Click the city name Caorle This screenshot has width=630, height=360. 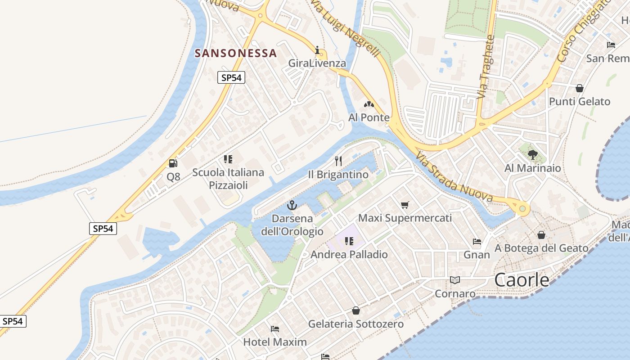(x=522, y=280)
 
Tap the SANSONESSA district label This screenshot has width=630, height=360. (x=235, y=53)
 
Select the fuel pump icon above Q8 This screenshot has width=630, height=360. (x=173, y=163)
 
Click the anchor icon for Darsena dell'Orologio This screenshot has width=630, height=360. (x=292, y=206)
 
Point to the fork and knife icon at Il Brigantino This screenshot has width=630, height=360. (x=339, y=161)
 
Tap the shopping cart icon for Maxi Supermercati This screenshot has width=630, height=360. (x=405, y=205)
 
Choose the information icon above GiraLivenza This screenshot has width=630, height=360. (x=317, y=50)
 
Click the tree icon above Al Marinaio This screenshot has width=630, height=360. (x=533, y=155)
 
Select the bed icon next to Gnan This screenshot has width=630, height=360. (x=477, y=242)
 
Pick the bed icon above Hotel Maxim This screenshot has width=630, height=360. (x=275, y=329)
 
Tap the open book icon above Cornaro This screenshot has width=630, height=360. (x=455, y=280)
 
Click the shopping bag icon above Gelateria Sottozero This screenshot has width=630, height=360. (x=356, y=310)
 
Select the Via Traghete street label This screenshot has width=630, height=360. (x=486, y=67)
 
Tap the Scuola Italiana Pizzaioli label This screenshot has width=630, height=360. (x=228, y=179)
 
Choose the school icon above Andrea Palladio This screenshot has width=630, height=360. (x=349, y=241)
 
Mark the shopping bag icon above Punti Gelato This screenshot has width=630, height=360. (x=580, y=88)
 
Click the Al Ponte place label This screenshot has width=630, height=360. (x=369, y=117)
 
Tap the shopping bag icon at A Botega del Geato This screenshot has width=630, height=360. (x=541, y=235)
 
